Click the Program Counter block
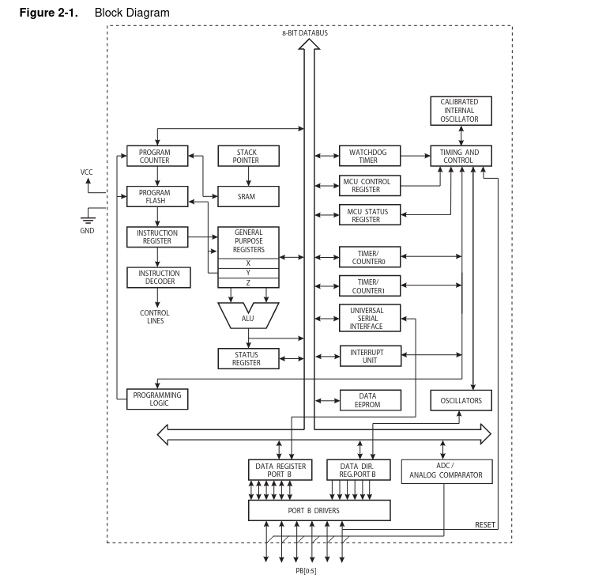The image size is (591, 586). [x=157, y=156]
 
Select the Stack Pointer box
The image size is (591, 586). [x=248, y=156]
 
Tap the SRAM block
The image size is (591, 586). [x=248, y=196]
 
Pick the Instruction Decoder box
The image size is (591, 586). [x=159, y=278]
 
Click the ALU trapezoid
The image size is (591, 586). [x=248, y=316]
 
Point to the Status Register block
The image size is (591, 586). [x=248, y=358]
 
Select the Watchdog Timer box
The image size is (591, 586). [x=370, y=156]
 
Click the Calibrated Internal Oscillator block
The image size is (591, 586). [x=461, y=111]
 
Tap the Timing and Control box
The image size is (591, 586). [x=461, y=156]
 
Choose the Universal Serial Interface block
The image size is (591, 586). [x=370, y=318]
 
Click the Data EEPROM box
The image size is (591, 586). [x=371, y=400]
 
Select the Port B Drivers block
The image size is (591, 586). [x=319, y=511]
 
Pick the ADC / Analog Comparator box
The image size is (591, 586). [x=446, y=471]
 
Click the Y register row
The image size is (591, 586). [x=248, y=273]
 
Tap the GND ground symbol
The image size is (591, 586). [x=88, y=219]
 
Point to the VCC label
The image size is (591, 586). [x=86, y=172]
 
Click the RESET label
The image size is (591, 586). [x=485, y=525]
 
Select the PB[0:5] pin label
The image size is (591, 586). [x=306, y=571]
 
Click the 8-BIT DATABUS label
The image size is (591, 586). [x=305, y=33]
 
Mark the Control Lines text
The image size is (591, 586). [x=155, y=317]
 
